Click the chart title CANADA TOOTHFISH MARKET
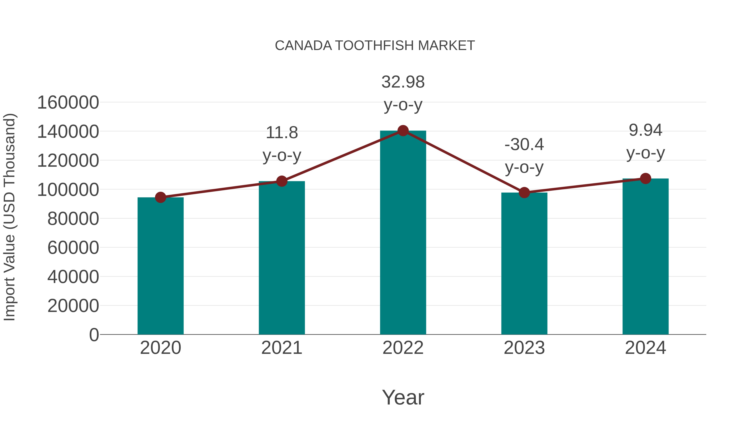click(x=375, y=46)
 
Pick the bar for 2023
click(x=524, y=264)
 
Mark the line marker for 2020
click(x=160, y=198)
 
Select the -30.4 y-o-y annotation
click(x=524, y=156)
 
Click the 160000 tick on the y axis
click(x=68, y=103)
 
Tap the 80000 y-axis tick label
click(x=73, y=219)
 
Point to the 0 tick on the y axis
click(x=94, y=335)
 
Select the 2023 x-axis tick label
click(x=524, y=348)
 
